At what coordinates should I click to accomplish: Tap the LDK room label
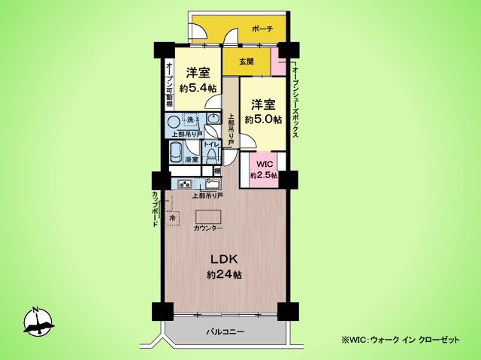coord(225,259)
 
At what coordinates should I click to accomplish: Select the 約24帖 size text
coord(224,275)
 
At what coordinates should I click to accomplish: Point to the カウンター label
coord(208,227)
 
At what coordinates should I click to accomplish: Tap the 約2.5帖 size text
coord(264,175)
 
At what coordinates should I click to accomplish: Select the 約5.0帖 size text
coord(263,119)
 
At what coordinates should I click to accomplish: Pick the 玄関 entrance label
coord(246,62)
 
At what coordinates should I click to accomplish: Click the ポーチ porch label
coord(262,29)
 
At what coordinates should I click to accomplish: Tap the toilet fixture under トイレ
coord(211,156)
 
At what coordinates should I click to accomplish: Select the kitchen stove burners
coord(186,184)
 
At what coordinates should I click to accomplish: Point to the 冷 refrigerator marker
coord(171,218)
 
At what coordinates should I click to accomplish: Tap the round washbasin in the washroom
coord(174,122)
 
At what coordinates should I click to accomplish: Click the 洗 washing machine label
coord(191,120)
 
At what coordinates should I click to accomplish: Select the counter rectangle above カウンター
coord(208,216)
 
